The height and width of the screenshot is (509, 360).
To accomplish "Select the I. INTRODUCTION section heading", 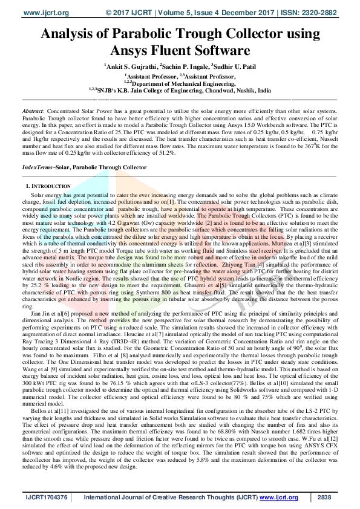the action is click(x=48, y=186).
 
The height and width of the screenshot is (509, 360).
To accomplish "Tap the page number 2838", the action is click(x=325, y=498).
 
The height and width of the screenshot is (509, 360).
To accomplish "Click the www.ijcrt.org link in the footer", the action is click(x=277, y=498).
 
